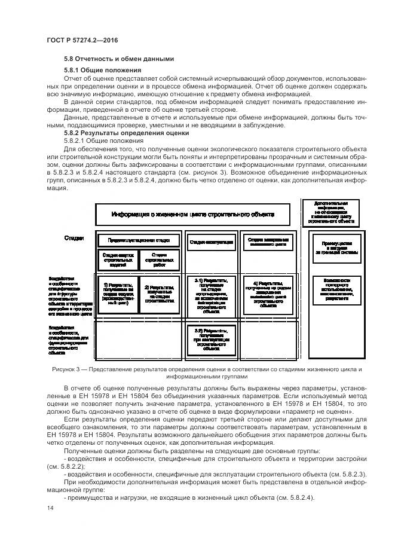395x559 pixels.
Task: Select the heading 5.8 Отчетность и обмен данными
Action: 118,59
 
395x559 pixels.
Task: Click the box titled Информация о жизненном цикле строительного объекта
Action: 192,214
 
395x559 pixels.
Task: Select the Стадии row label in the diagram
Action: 74,239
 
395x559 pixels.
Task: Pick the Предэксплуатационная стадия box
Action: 139,240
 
